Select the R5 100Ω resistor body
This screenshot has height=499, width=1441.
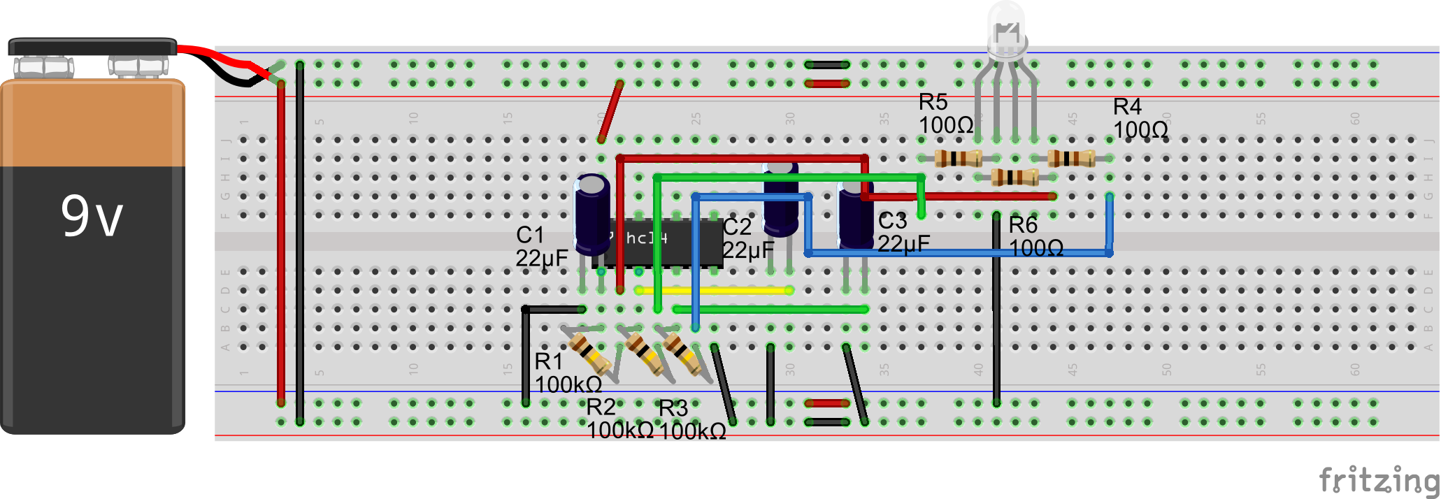[958, 158]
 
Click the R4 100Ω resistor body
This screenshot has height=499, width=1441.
[1071, 158]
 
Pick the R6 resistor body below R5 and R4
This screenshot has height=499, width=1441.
[1015, 177]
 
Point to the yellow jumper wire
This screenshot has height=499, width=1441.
[713, 290]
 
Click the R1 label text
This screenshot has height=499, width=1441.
[549, 361]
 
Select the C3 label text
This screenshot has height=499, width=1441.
[892, 221]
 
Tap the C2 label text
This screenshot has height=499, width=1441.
[737, 226]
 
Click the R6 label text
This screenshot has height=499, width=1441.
[1023, 225]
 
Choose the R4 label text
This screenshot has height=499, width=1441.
[1127, 107]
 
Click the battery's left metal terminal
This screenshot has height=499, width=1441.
[43, 67]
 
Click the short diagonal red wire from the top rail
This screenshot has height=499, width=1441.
[610, 112]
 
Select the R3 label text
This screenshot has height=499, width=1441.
[673, 408]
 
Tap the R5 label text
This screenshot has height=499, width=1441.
[933, 102]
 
